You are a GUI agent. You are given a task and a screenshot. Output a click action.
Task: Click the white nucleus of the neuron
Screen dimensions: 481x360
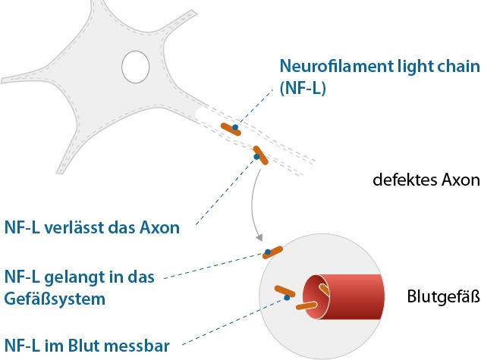coord(135,67)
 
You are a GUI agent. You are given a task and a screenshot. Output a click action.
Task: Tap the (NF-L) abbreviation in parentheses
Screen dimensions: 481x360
coord(303,88)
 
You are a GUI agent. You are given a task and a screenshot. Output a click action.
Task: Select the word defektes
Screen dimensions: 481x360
coord(405,180)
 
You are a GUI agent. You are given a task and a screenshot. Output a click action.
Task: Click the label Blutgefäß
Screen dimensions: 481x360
coord(443,296)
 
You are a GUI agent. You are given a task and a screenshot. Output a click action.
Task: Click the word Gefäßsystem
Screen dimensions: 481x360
coord(55,299)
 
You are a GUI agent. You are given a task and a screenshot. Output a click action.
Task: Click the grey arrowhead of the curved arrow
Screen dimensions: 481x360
coord(259,238)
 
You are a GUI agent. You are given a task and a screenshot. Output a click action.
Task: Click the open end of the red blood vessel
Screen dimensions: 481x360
coord(316,296)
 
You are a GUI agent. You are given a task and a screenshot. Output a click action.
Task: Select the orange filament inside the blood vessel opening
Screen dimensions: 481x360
coord(324,290)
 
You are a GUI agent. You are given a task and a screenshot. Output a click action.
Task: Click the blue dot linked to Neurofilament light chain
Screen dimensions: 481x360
coord(235,127)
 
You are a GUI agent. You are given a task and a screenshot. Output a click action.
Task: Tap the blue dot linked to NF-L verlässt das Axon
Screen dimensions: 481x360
coord(256,157)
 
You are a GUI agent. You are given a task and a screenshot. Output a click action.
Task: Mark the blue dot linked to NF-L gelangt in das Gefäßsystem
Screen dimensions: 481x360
coord(268,252)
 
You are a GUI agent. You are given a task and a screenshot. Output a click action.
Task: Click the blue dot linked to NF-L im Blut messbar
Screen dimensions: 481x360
coord(287,298)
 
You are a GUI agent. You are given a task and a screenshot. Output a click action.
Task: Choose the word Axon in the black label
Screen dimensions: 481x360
coord(461,180)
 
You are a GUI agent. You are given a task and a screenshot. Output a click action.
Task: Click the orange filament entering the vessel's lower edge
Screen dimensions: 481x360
coord(307,305)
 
